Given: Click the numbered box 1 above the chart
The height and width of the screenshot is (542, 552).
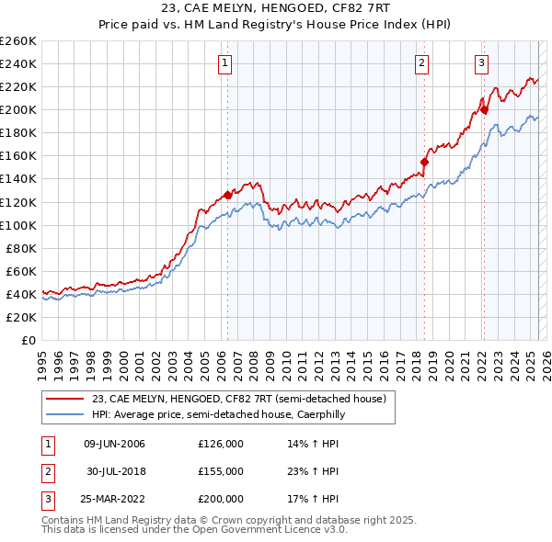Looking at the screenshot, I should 225,63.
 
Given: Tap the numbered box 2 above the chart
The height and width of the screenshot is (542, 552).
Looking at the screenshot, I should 421,63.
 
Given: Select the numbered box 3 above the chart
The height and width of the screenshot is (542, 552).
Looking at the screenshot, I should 481,63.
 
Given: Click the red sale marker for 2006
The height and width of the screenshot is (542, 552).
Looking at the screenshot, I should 227,195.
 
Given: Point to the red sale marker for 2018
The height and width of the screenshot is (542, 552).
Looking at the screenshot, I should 424,162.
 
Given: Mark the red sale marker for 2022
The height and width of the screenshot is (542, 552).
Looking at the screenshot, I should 484,110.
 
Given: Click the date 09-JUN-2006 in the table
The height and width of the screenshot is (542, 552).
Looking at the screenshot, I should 114,445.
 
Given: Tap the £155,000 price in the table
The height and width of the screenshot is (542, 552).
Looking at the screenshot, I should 220,471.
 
